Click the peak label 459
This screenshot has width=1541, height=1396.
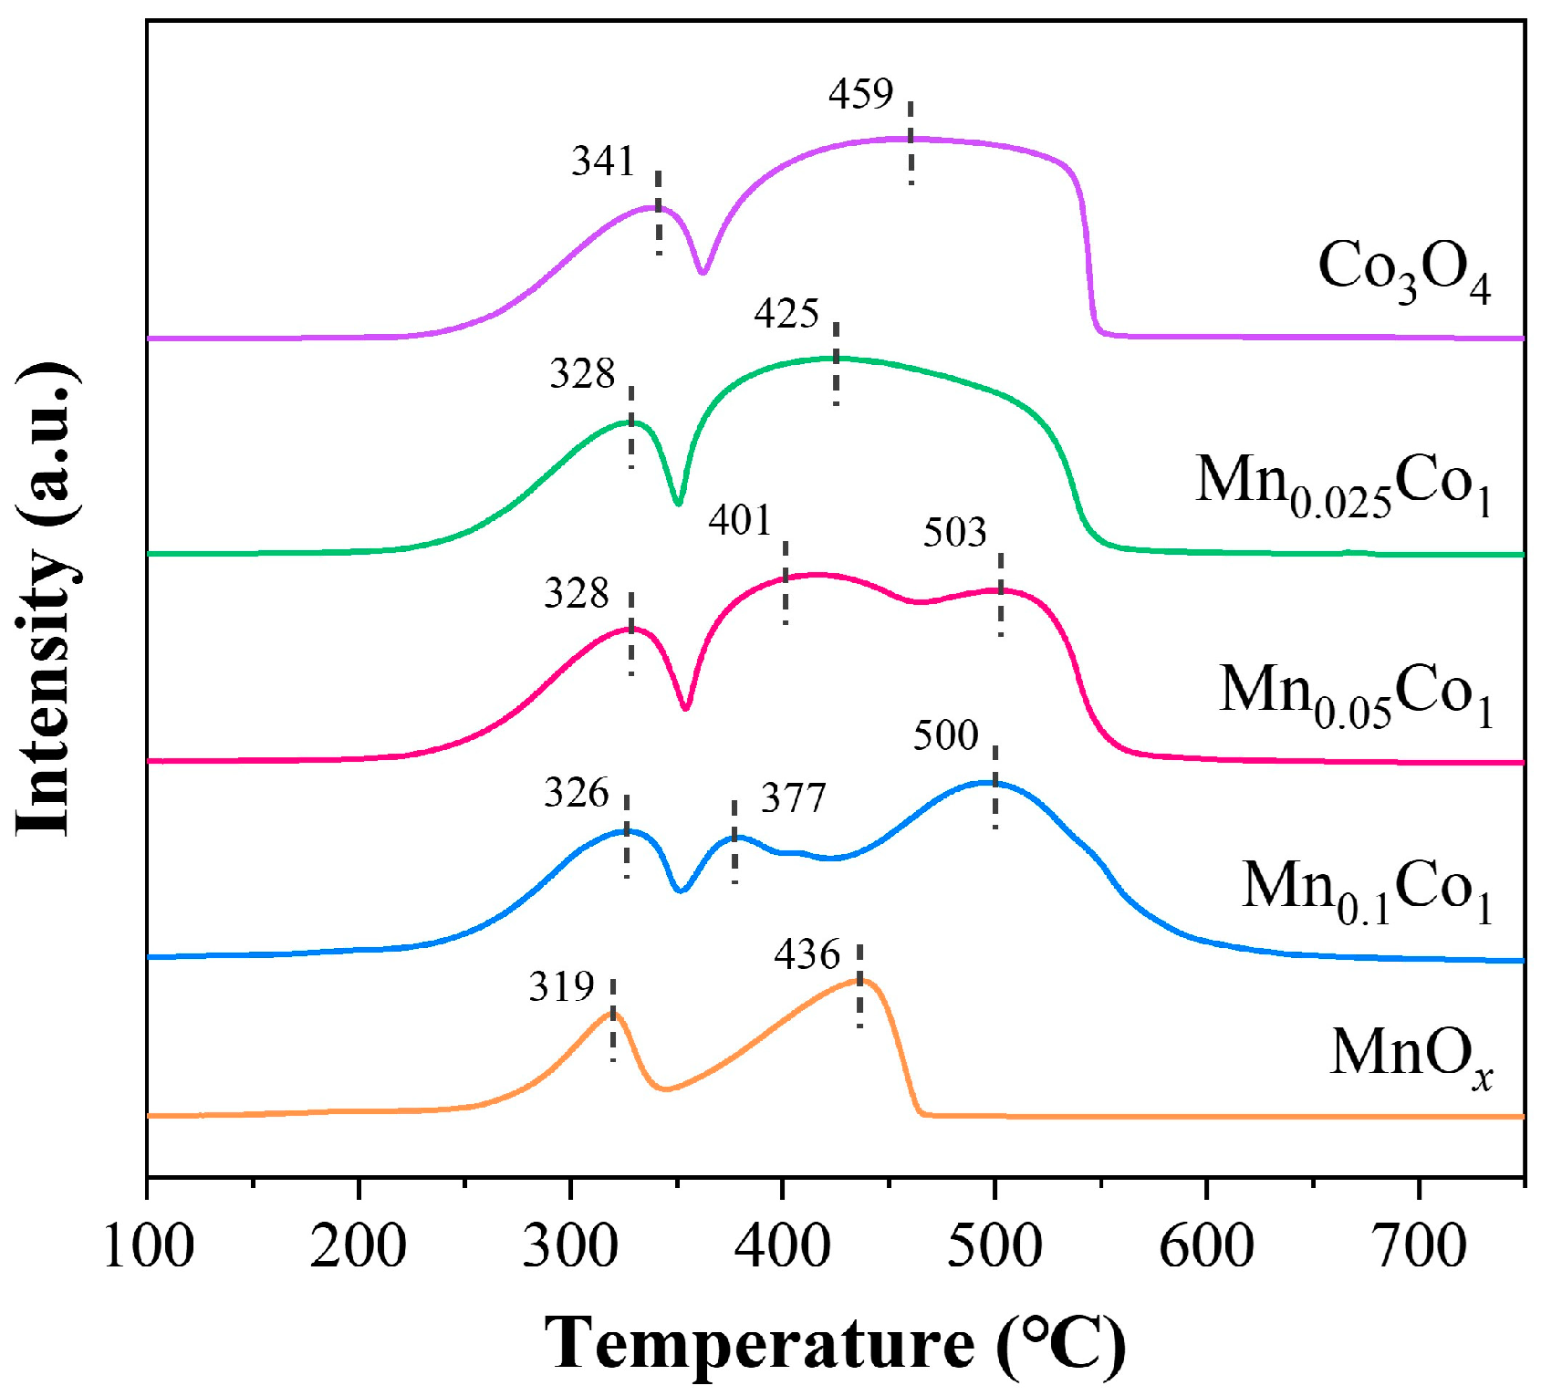860,94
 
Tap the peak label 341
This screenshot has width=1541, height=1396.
602,161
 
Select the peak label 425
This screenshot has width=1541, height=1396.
786,314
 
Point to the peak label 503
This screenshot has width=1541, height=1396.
954,533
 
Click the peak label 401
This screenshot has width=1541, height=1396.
740,521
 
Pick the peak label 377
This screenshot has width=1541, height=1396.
793,798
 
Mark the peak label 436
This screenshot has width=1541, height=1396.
807,955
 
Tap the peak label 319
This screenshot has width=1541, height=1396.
561,987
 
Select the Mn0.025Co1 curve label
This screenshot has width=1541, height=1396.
1343,484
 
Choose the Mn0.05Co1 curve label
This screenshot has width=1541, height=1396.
1356,693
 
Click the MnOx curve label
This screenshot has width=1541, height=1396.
1411,1056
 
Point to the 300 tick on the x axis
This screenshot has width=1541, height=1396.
569,1246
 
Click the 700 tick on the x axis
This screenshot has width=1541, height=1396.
1418,1246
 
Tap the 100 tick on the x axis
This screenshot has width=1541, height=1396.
148,1246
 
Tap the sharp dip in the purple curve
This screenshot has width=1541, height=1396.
702,271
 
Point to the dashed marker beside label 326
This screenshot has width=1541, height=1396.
627,835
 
